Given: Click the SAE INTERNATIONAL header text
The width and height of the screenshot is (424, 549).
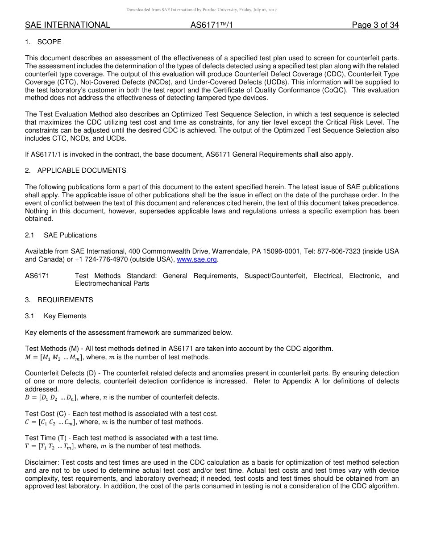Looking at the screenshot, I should click(67, 25).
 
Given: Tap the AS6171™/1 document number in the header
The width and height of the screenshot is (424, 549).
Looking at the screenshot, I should click(212, 25).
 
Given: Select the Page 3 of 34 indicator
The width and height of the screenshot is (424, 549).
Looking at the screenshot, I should click(375, 25).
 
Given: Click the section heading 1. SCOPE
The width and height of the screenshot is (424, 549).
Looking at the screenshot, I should click(43, 42).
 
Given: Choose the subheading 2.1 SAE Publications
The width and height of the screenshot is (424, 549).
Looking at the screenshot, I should click(61, 235).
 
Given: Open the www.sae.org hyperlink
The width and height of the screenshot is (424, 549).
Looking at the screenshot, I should click(197, 259).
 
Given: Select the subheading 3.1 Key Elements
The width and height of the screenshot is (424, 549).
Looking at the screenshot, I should click(56, 316).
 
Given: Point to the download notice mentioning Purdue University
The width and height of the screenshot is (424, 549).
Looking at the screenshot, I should click(202, 10).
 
